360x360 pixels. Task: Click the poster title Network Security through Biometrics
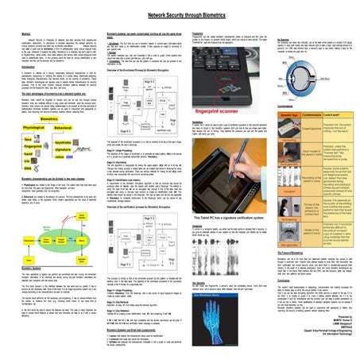[180, 14]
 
